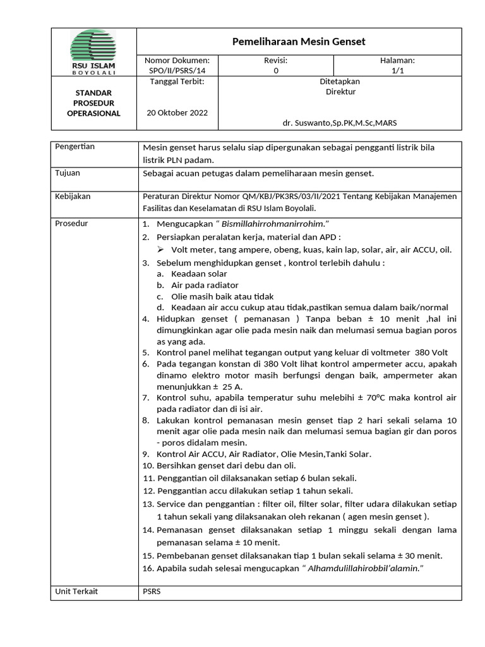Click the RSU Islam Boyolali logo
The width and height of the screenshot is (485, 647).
97,52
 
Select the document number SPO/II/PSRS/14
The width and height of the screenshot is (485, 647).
177,71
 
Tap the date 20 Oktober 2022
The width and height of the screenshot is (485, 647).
177,113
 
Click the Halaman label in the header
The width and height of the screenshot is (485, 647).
397,61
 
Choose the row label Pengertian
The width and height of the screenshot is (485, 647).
75,147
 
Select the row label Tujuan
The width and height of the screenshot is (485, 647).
68,173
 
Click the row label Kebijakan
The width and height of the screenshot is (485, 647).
73,197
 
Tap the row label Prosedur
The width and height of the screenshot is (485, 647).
71,224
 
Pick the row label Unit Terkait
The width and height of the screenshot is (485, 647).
76,591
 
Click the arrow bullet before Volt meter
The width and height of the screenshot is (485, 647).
161,250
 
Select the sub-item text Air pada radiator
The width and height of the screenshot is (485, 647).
205,285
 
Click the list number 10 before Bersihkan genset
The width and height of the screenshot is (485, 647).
148,466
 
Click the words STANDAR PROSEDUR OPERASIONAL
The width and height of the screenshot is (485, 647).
93,103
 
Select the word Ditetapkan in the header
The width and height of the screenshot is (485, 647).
340,82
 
